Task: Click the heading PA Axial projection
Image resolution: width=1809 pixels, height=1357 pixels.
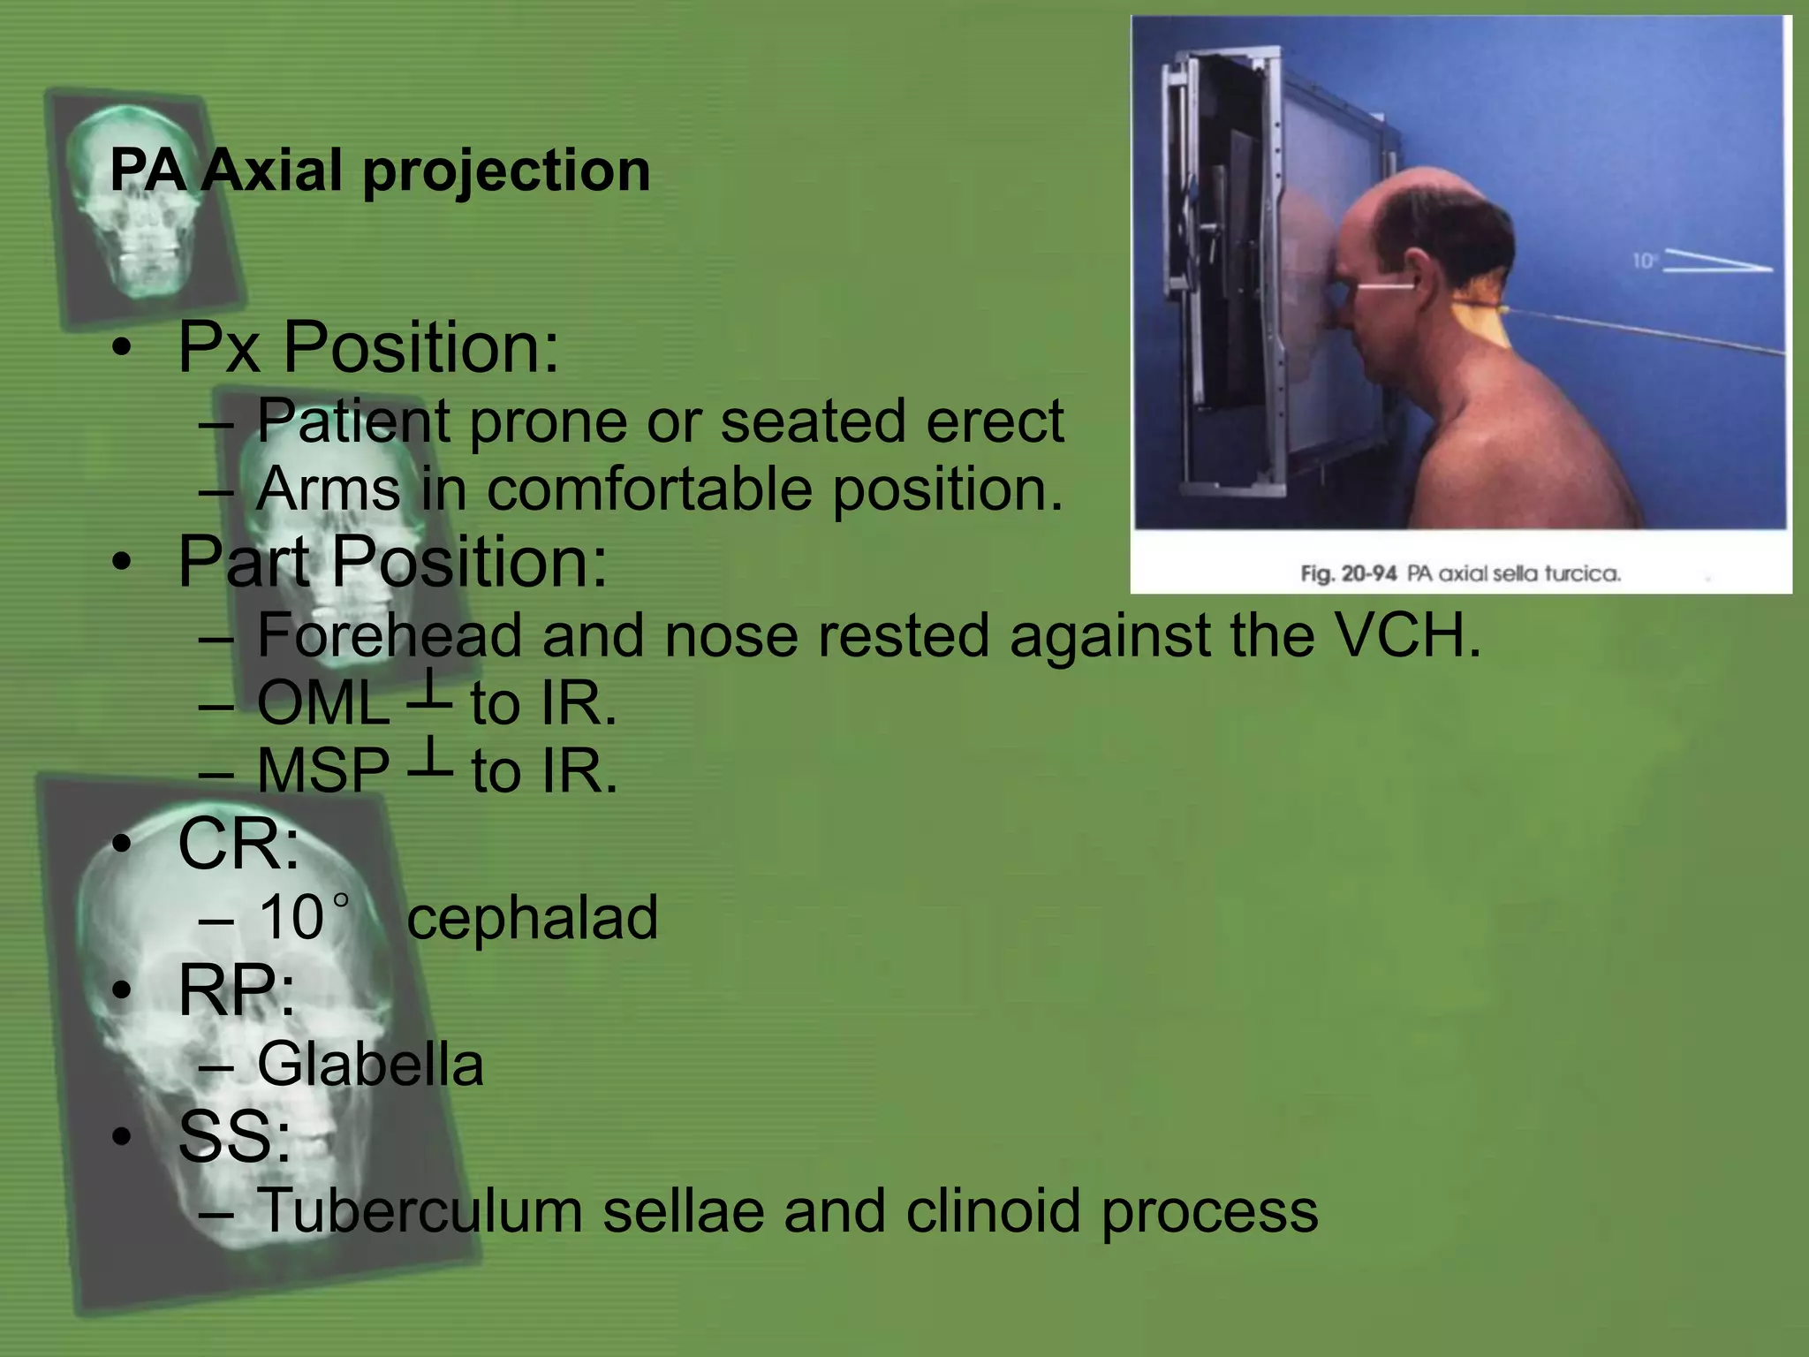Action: tap(380, 170)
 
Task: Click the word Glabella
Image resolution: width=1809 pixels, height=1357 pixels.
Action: tap(370, 1064)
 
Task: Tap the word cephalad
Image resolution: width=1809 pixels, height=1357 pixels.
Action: tap(533, 917)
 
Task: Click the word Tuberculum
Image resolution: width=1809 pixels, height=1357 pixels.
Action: tap(420, 1210)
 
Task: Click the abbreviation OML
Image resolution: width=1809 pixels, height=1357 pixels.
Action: tap(323, 704)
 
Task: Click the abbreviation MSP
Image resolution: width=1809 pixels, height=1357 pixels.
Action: tap(323, 771)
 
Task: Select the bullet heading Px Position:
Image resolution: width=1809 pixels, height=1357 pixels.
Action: tap(368, 347)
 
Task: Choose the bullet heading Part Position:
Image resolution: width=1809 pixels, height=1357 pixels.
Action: tap(392, 562)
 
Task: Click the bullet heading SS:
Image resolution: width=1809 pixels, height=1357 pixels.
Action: tap(234, 1137)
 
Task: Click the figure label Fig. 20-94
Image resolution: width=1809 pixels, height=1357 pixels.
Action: tap(1348, 574)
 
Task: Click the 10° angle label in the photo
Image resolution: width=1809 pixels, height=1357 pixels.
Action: tap(1643, 261)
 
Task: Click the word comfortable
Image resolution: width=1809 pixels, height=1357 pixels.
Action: tap(649, 489)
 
